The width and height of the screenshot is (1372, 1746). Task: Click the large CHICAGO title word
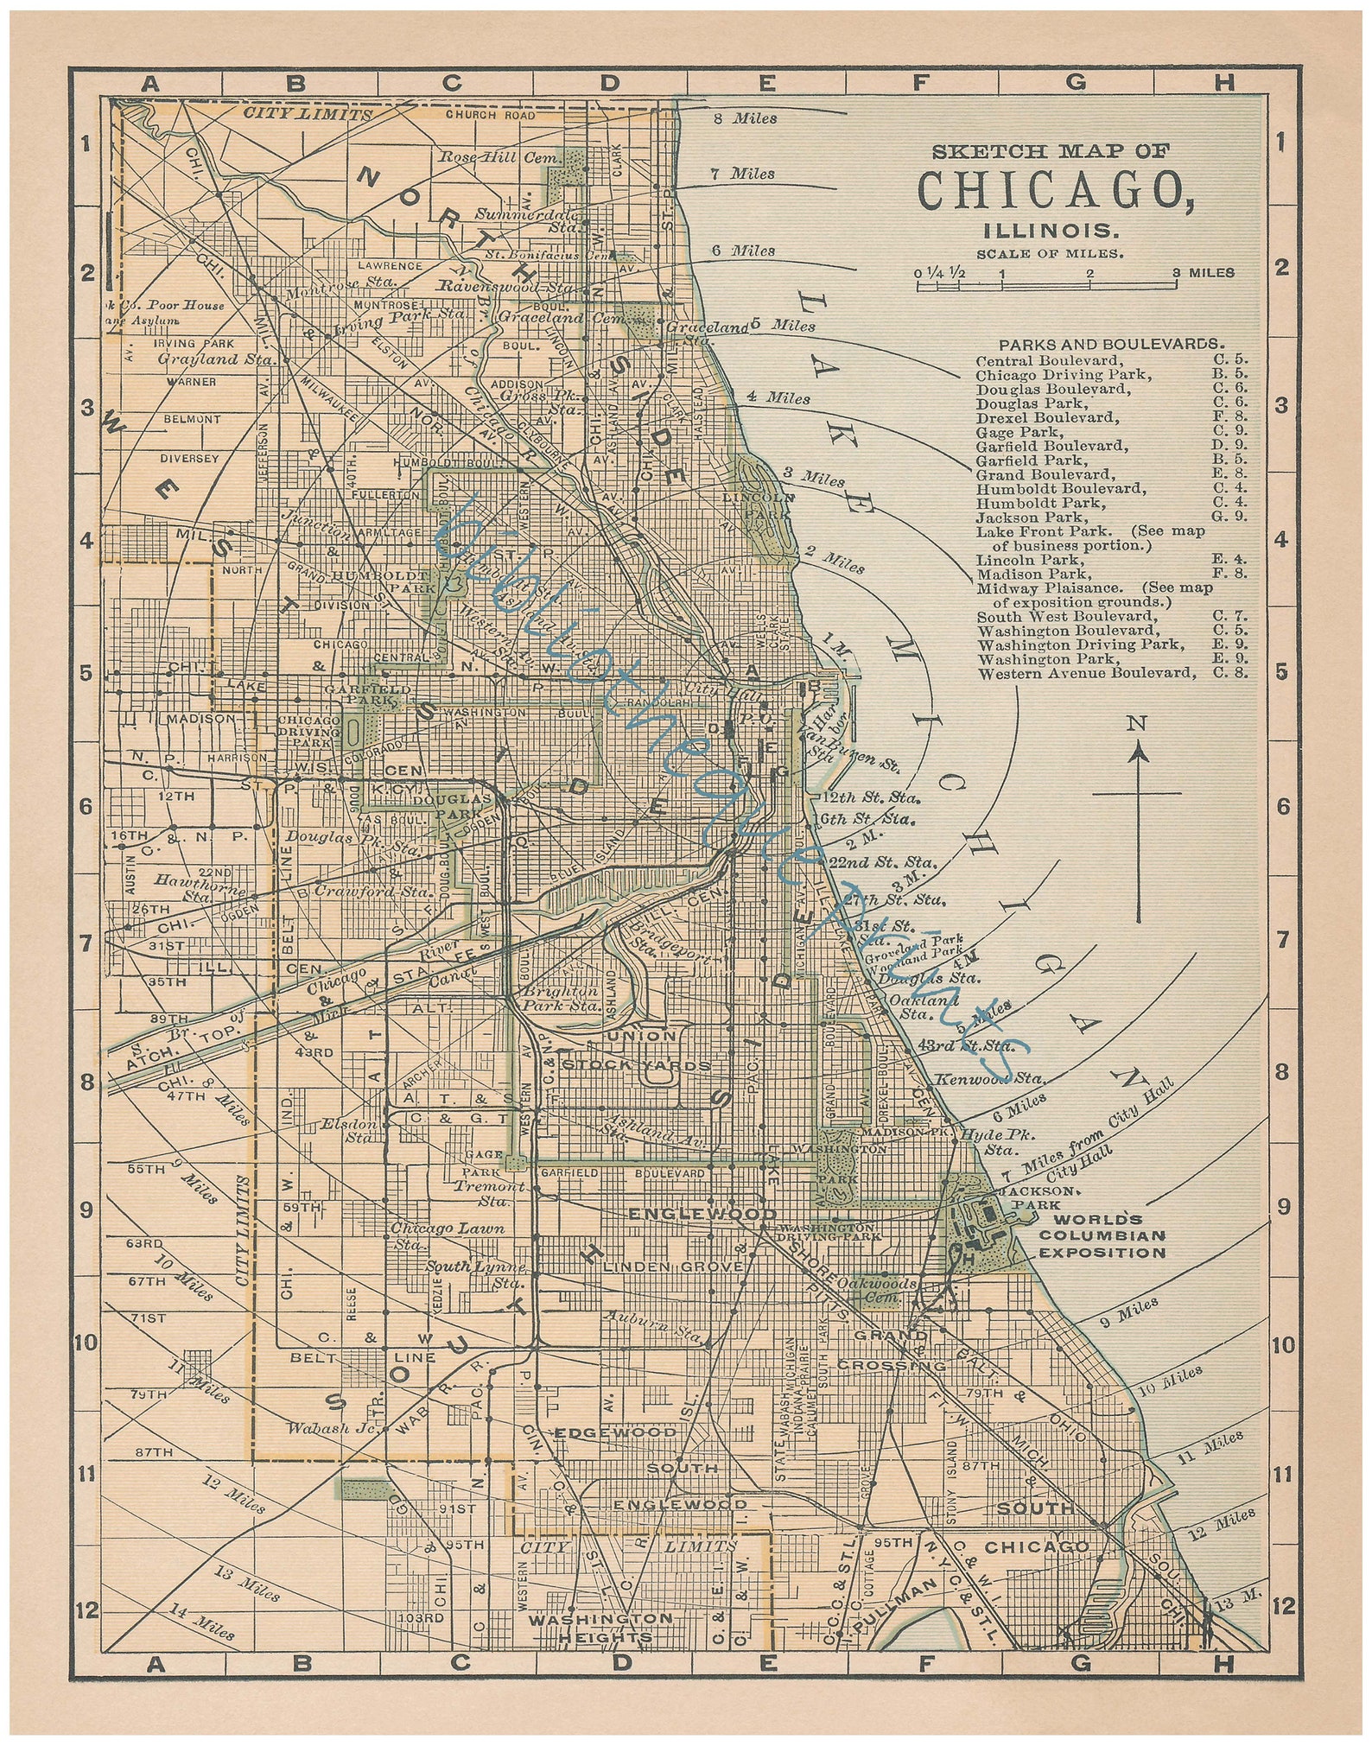click(x=1056, y=190)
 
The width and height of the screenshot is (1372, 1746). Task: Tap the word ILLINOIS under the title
click(x=1051, y=232)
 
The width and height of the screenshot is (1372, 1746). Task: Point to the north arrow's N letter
click(x=1140, y=724)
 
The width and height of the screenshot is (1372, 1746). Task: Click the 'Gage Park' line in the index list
click(x=1007, y=432)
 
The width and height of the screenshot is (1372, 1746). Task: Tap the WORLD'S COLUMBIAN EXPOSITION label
click(x=1102, y=1235)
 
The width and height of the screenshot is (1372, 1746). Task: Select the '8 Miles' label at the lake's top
click(x=745, y=118)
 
